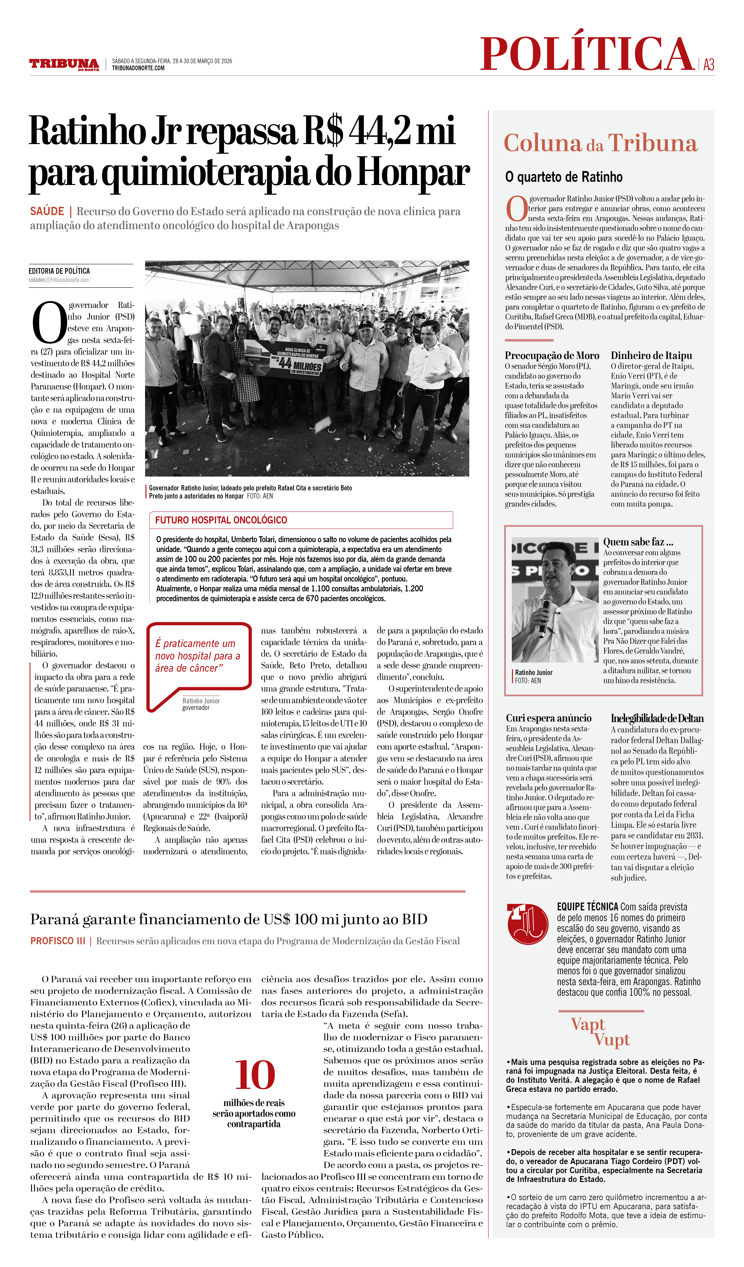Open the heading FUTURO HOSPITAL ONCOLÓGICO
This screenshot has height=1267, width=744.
click(x=221, y=520)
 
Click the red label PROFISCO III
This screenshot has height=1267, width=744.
click(x=58, y=941)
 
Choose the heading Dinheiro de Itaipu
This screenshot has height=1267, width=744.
click(x=651, y=355)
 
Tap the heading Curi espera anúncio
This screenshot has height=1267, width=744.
click(x=548, y=718)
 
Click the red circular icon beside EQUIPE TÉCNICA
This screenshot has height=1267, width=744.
click(x=527, y=924)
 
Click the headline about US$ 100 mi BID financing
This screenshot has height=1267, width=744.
click(x=229, y=919)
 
